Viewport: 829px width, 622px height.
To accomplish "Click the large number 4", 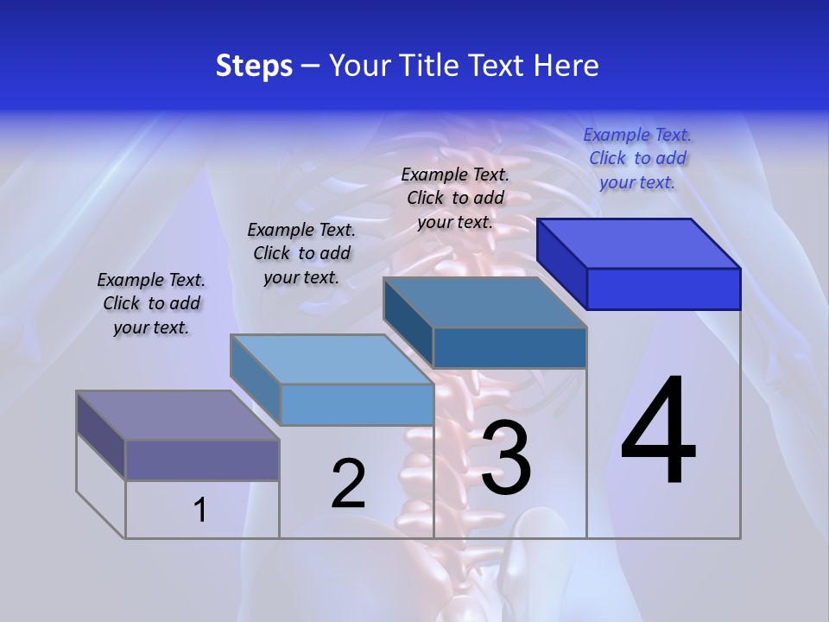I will coord(658,432).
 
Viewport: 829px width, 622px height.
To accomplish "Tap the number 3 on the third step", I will coord(506,458).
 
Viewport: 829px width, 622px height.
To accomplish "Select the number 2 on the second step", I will coord(349,485).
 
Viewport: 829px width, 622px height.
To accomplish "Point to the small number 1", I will coord(200,511).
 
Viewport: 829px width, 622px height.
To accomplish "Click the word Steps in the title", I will coord(254,66).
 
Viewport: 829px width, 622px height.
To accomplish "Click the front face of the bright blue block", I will coord(663,289).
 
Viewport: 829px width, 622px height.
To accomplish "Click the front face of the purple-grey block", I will coord(202,460).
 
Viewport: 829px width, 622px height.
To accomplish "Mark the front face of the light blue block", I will coord(357,404).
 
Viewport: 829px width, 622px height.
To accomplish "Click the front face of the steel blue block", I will coord(509,347).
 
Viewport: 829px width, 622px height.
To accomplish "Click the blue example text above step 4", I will coord(637,158).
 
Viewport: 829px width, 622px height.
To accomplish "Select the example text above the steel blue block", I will coord(455,198).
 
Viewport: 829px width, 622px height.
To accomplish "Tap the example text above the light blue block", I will coord(301,253).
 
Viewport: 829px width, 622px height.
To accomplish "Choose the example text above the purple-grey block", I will coord(151,303).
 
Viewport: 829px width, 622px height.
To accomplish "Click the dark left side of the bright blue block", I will coord(562,264).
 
